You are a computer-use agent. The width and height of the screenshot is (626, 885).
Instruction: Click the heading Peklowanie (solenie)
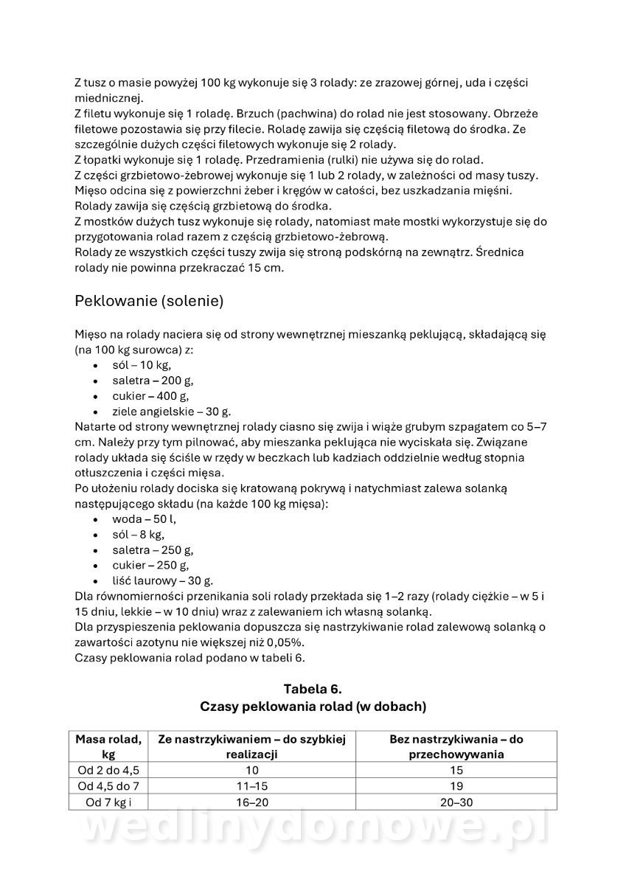point(149,302)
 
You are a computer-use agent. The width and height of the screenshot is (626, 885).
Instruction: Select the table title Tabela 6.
point(313,689)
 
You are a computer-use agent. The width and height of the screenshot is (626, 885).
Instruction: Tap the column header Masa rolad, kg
point(108,746)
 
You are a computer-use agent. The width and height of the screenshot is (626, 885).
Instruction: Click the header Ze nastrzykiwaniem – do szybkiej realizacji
point(251,746)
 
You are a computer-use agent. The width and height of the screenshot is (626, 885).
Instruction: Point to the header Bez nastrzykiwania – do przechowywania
point(456,746)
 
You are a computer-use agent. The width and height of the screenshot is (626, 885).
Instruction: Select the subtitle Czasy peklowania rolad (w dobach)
point(313,707)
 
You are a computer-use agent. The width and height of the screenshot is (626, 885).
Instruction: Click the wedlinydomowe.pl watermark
point(313,830)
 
